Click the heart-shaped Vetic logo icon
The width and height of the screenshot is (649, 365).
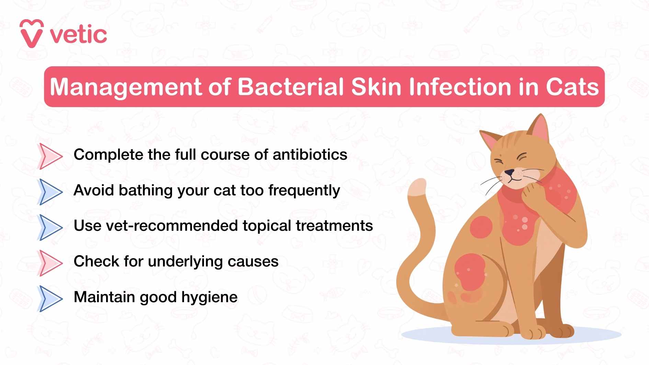tap(31, 34)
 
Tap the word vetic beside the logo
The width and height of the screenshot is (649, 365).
tap(79, 35)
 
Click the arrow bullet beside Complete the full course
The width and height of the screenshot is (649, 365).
tap(50, 156)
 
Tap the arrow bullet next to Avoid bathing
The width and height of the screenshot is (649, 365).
tap(50, 192)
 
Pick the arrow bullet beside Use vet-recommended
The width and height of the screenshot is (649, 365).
tap(50, 227)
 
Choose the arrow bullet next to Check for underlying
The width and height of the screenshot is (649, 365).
tap(50, 263)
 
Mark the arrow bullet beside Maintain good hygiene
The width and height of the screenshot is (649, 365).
tap(50, 298)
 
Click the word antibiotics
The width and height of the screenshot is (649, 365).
tap(310, 155)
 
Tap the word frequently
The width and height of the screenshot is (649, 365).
tap(304, 191)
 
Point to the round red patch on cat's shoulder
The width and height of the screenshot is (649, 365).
tap(481, 227)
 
